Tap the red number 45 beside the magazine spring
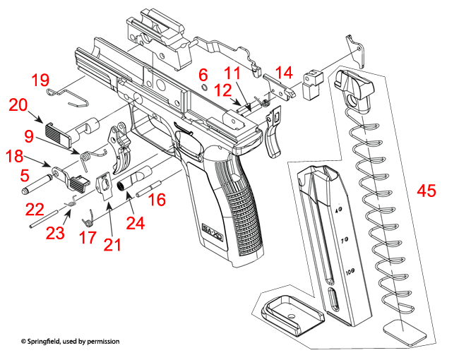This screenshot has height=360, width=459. (426, 191)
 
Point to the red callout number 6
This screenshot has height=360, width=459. (203, 75)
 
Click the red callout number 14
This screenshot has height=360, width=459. (283, 72)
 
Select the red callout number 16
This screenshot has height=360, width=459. (157, 200)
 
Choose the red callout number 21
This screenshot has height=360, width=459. (111, 245)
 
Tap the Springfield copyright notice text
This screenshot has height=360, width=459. (70, 341)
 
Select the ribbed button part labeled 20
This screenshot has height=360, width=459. (56, 132)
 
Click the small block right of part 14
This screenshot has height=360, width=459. (311, 85)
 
